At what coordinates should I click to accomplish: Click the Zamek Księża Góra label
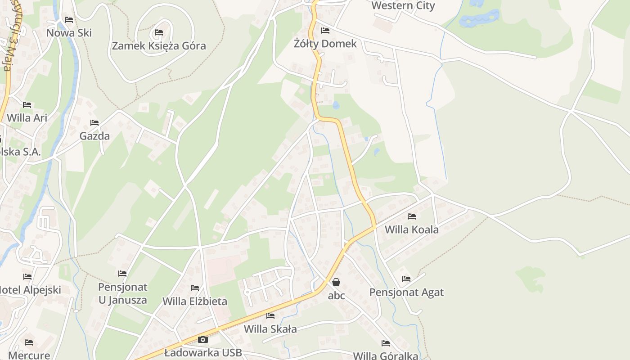click(159, 46)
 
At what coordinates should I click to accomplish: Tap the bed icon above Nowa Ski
click(69, 20)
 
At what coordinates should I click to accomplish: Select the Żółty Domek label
click(325, 44)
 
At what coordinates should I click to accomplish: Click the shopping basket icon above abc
click(336, 282)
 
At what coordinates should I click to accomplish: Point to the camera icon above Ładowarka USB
click(203, 339)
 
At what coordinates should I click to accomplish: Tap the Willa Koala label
click(411, 229)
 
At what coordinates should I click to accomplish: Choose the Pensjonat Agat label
click(406, 292)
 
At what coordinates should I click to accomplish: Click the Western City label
click(403, 5)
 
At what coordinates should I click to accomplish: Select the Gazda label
click(94, 136)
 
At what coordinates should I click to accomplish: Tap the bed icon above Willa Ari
click(27, 105)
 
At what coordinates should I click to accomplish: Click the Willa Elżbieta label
click(195, 301)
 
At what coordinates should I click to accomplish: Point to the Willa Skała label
click(270, 329)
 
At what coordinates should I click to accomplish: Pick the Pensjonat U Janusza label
click(122, 293)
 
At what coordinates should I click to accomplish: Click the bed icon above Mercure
click(29, 342)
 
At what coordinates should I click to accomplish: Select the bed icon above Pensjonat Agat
click(406, 279)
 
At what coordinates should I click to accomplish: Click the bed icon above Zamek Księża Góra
click(159, 32)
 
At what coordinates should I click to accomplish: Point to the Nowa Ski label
click(69, 33)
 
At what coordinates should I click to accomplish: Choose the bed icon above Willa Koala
click(411, 216)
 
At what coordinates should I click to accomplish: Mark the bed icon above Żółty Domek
click(325, 31)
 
